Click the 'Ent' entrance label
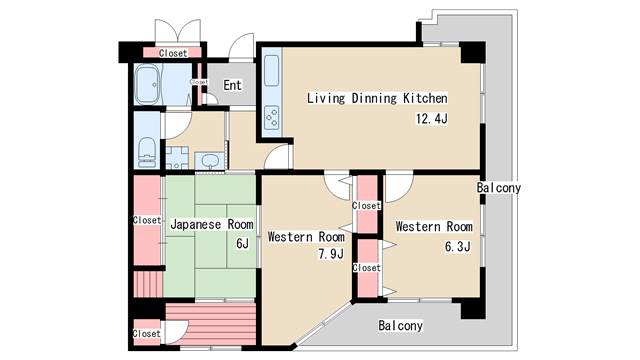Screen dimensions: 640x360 [232, 85]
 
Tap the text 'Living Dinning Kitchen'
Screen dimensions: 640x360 [377, 98]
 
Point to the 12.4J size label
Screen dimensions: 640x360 [432, 119]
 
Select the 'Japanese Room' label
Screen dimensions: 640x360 [212, 224]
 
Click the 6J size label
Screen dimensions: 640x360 [242, 244]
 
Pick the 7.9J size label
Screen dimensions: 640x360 [331, 254]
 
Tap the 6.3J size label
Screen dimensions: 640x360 [458, 247]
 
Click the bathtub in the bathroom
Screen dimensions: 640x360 [148, 84]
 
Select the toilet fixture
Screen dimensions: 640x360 [147, 152]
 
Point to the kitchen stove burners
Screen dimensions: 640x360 [272, 118]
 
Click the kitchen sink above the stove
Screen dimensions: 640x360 [271, 70]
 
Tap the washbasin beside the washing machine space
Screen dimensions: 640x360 [210, 161]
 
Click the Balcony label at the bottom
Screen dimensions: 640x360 [400, 325]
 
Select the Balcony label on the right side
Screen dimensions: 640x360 [499, 188]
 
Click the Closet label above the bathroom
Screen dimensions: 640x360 [173, 53]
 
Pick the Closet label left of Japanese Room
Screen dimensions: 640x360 [147, 220]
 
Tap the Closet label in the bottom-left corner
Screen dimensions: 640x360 [147, 333]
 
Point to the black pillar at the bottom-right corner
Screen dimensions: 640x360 [473, 309]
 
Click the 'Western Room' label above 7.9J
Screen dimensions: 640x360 [306, 237]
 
